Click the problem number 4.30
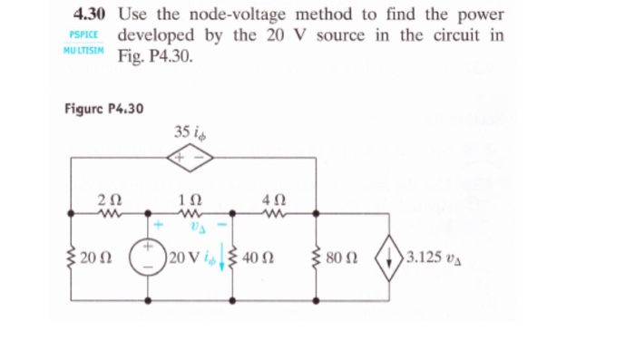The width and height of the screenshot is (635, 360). point(90,15)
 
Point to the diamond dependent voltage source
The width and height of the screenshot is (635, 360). point(191,157)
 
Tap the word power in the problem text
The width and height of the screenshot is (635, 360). point(481,15)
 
